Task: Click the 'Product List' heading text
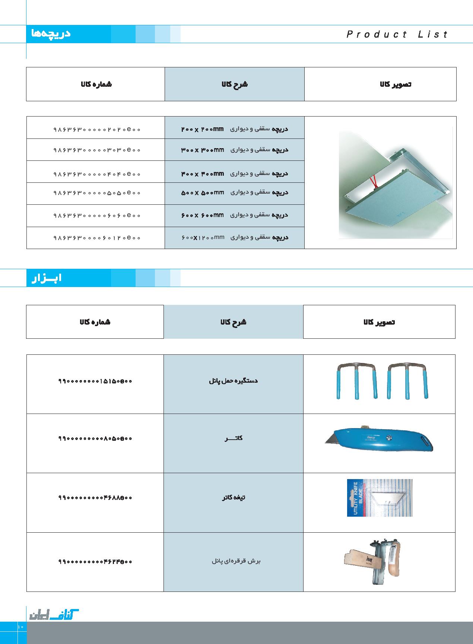pos(397,35)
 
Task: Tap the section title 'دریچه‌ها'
pos(51,34)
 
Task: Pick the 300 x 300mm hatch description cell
pos(235,150)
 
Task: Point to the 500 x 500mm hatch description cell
pos(235,193)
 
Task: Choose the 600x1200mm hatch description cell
pos(235,237)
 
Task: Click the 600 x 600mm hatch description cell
pos(235,215)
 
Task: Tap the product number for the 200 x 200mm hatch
pos(97,130)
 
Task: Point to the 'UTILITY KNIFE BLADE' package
pos(379,498)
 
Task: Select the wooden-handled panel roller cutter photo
pos(372,561)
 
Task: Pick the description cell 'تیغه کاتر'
pos(233,498)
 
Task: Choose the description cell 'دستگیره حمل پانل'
pos(233,381)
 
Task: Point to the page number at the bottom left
pos(20,627)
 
